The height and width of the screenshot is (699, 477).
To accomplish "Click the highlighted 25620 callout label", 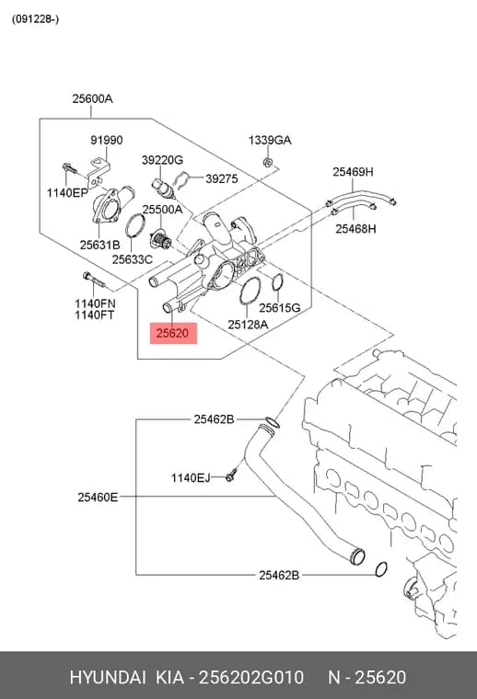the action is [x=173, y=334].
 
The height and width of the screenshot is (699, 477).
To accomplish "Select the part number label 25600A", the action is [x=92, y=98].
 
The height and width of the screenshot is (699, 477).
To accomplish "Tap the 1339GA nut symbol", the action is [x=268, y=162].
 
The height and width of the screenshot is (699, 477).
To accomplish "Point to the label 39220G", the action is [x=162, y=160].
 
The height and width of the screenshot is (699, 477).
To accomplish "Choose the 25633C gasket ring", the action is [x=135, y=226].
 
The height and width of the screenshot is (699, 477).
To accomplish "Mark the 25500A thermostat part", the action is [x=160, y=240].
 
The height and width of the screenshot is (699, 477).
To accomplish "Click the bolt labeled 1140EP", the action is [x=69, y=168].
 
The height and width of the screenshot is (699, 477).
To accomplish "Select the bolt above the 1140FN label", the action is [x=93, y=280].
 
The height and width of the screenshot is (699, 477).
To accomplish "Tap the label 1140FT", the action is [x=94, y=315].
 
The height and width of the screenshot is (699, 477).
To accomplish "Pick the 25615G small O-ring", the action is [x=277, y=281].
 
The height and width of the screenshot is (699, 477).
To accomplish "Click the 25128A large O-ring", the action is [x=250, y=291].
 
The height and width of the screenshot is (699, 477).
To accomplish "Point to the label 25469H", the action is [x=353, y=172].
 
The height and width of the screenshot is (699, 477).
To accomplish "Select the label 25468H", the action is [x=355, y=229].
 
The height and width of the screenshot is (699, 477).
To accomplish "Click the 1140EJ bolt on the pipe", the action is [x=231, y=475].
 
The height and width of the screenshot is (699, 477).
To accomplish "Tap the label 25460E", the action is [x=98, y=497].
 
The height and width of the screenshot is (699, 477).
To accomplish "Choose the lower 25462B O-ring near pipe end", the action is [x=380, y=569].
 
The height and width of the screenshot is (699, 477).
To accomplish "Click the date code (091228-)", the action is [x=35, y=19].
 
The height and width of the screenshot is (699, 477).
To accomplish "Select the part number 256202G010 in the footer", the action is [x=251, y=677].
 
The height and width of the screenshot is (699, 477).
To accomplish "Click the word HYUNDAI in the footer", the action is [x=108, y=677].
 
